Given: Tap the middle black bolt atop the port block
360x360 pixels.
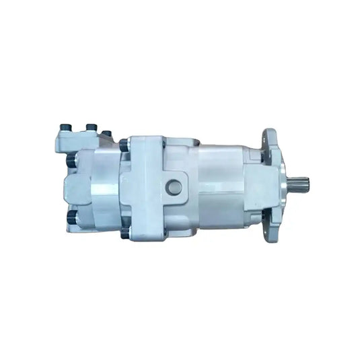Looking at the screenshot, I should tap(91, 127).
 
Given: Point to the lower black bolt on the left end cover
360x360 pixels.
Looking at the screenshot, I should tap(71, 217).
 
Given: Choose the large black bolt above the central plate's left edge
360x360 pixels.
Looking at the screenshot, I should tap(124, 145).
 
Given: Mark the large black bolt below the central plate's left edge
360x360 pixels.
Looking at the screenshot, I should tap(124, 233).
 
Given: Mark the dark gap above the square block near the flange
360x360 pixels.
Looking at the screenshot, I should tap(254, 156).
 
